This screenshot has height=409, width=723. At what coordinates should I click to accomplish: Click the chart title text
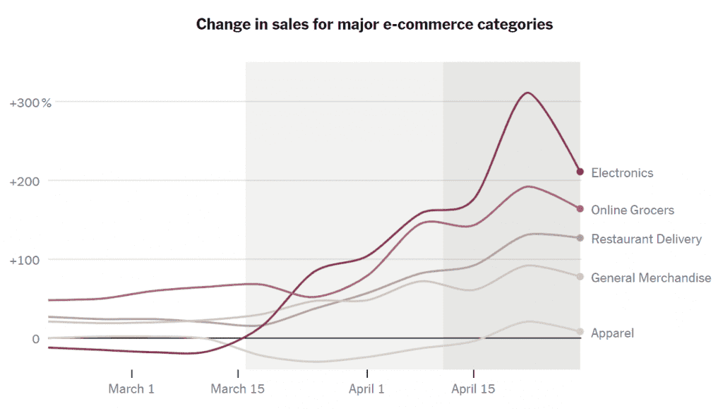coord(374,25)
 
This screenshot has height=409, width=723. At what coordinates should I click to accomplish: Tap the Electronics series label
coord(622,173)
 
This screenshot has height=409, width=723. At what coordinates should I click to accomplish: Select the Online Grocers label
coord(632,211)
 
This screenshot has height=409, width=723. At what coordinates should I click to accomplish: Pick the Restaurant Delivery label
coord(646,239)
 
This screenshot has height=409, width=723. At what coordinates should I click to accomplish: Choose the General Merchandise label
coord(650,278)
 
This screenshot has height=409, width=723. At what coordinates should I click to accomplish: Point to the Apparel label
coord(612,333)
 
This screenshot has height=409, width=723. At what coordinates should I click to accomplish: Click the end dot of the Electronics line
coord(580,172)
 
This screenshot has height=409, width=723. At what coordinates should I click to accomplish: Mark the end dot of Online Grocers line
coord(580,209)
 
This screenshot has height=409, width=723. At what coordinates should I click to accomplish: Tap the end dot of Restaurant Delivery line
coord(580,238)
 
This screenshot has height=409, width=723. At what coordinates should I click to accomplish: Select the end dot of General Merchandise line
coord(580,277)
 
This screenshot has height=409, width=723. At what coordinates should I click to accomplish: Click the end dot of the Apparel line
coord(580,331)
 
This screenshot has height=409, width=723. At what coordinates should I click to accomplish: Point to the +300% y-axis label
coord(30,102)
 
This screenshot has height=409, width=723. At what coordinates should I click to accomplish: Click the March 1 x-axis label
coord(131,389)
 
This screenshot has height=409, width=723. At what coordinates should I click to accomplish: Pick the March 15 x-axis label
coord(239,389)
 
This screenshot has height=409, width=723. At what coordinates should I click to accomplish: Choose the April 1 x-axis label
coord(367,389)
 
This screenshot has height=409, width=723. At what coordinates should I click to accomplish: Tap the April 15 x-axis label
coord(473,389)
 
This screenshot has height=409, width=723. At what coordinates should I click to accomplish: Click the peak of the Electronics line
coord(527,93)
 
